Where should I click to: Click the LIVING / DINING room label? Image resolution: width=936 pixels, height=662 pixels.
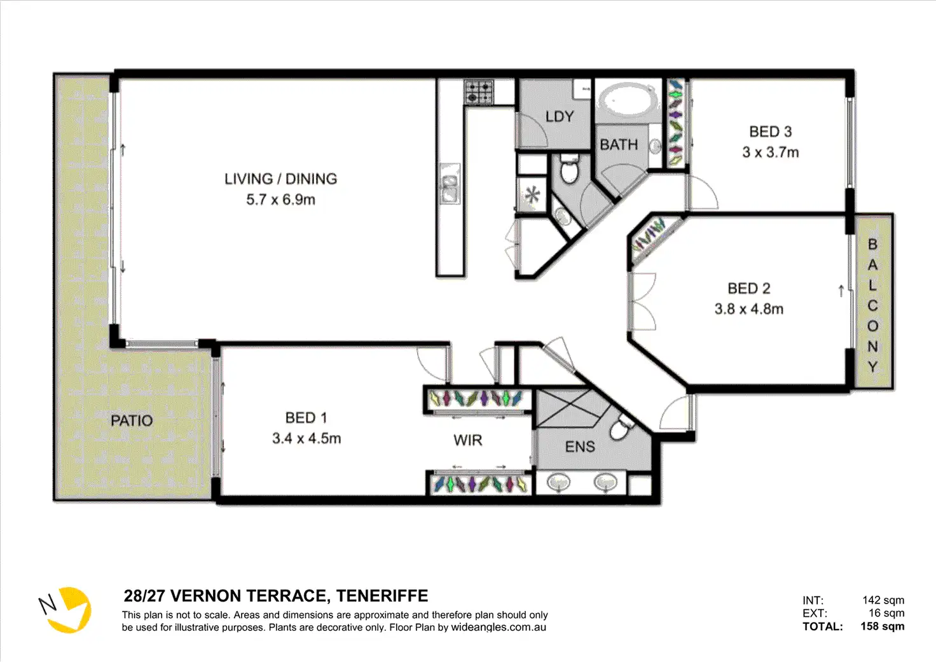(281, 179)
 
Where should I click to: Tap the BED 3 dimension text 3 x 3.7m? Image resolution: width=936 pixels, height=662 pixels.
(771, 152)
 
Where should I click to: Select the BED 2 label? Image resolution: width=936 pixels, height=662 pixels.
(749, 288)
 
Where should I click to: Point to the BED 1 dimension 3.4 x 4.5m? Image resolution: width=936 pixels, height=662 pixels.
(306, 438)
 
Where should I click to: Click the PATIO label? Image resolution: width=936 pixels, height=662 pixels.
(132, 420)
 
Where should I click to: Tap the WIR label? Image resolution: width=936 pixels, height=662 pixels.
(467, 440)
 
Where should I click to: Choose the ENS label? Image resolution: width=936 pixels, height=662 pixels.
(580, 447)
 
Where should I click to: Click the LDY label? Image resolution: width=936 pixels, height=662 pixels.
(560, 116)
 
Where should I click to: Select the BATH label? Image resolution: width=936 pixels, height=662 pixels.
(619, 144)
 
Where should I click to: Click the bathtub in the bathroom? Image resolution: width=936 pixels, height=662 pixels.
(627, 100)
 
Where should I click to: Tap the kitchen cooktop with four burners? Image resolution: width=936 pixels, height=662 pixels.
(479, 92)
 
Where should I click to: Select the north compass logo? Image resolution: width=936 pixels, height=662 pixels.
(65, 610)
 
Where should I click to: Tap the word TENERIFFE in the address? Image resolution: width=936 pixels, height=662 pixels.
(382, 596)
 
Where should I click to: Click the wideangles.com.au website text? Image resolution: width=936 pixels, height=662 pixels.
(499, 627)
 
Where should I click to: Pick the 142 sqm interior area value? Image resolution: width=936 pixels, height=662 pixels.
(883, 600)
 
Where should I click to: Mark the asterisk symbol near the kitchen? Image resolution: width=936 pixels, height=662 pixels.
(532, 195)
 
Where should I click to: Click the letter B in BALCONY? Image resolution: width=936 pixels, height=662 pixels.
(872, 244)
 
